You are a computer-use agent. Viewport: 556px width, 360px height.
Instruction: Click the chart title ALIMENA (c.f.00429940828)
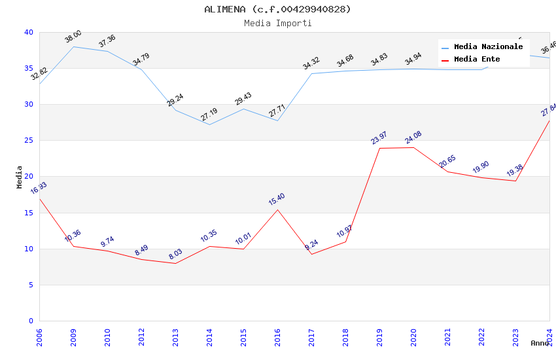[277, 9]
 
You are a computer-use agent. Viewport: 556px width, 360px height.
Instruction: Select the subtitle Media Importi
[277, 24]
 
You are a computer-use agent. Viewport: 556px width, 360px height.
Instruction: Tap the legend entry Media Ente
[477, 60]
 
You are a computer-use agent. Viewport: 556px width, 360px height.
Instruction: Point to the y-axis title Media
[20, 177]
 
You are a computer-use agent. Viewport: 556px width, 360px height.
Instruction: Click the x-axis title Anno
[540, 343]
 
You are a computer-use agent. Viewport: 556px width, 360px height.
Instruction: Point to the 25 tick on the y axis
[29, 141]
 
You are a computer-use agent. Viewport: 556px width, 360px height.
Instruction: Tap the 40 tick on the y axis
[29, 32]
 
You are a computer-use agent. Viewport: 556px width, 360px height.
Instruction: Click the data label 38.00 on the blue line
[73, 37]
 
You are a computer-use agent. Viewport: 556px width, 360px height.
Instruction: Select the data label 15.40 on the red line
[277, 199]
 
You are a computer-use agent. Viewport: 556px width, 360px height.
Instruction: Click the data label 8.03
[175, 255]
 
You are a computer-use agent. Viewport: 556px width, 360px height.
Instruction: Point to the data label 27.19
[209, 115]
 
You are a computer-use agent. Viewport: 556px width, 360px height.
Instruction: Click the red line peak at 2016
[277, 209]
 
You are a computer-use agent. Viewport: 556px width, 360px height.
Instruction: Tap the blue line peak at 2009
[73, 46]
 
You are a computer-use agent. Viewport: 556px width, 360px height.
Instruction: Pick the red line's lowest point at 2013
[175, 263]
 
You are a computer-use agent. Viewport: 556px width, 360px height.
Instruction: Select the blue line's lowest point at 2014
[209, 124]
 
